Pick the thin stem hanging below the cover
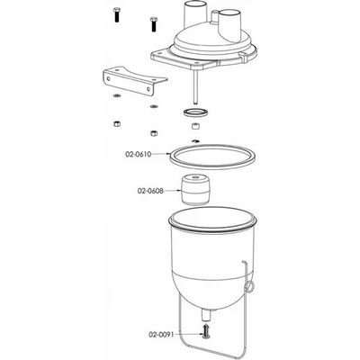[x=193, y=90]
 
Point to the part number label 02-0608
[x=153, y=191]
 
